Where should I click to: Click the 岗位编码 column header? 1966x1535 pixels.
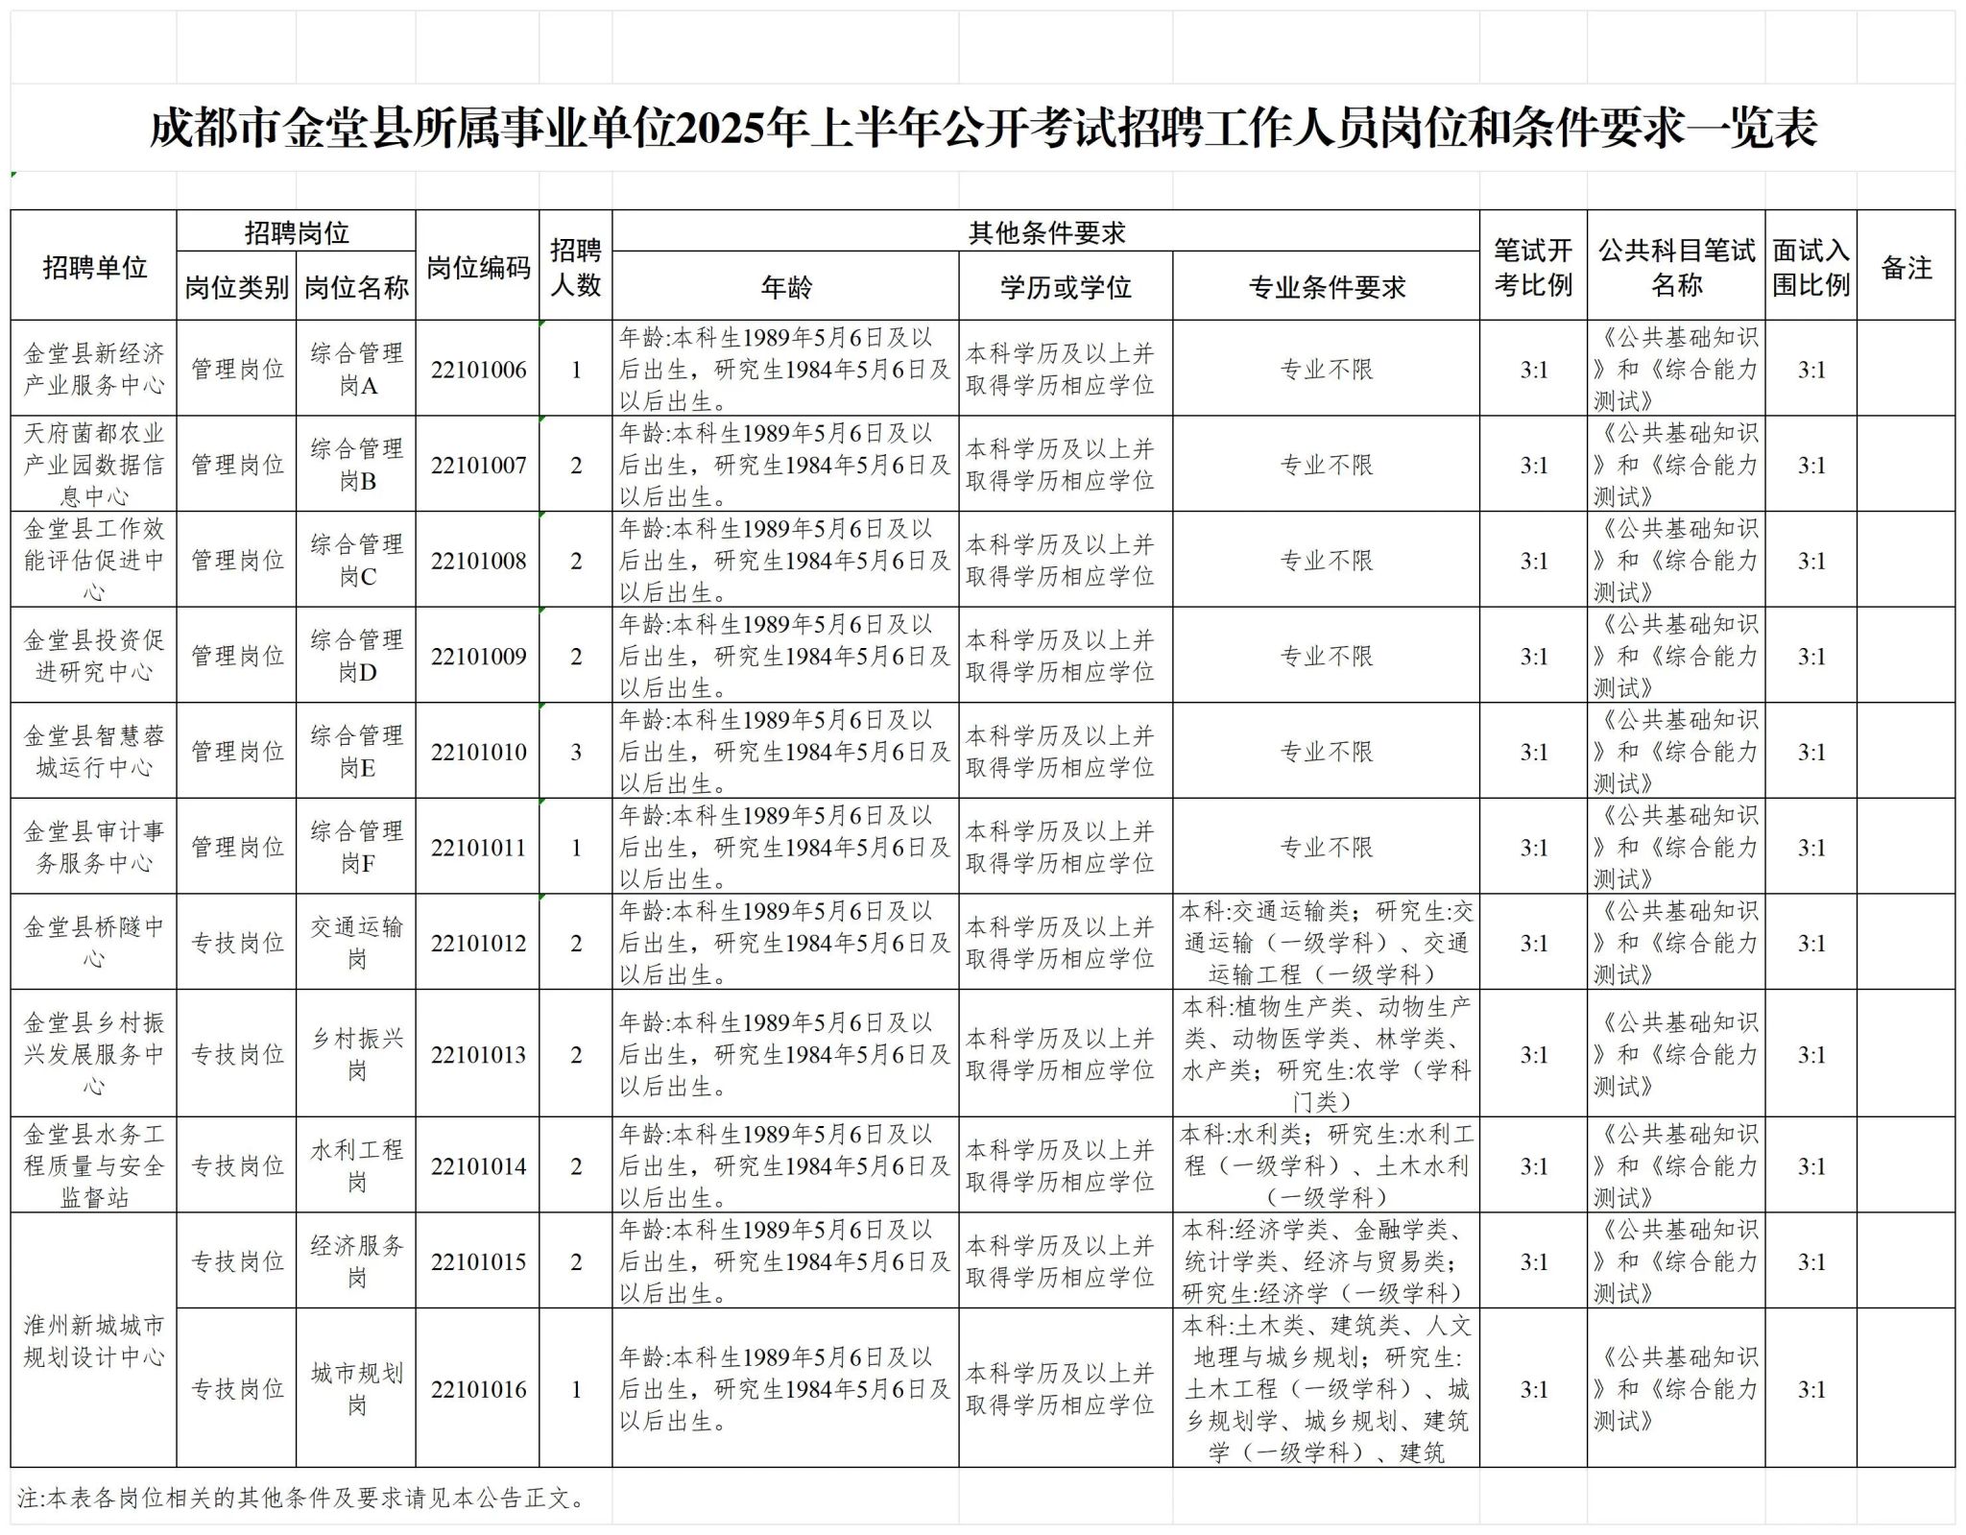(478, 268)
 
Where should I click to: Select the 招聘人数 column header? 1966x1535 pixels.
(576, 268)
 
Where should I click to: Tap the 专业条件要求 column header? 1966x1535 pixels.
(1326, 287)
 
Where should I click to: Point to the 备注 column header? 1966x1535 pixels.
(1906, 268)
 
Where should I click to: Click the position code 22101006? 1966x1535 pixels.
(478, 370)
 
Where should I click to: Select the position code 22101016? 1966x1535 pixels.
(478, 1389)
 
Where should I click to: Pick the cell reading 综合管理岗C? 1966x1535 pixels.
(356, 561)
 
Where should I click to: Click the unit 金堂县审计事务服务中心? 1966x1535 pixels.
(94, 847)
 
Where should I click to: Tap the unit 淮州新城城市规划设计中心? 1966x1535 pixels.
(94, 1341)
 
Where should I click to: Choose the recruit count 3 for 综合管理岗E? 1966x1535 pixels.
(576, 752)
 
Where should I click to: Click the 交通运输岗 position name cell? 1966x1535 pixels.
(356, 943)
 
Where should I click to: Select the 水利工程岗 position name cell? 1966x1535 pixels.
(356, 1165)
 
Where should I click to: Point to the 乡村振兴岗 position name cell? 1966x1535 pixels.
(356, 1054)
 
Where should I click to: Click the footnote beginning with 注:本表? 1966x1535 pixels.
(301, 1498)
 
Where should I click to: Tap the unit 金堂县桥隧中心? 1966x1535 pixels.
(94, 943)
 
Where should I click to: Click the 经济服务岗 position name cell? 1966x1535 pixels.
(356, 1261)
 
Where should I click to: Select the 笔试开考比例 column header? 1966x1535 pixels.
(1533, 268)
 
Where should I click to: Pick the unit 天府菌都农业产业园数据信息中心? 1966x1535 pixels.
(94, 465)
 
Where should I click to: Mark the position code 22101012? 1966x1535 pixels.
(478, 943)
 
